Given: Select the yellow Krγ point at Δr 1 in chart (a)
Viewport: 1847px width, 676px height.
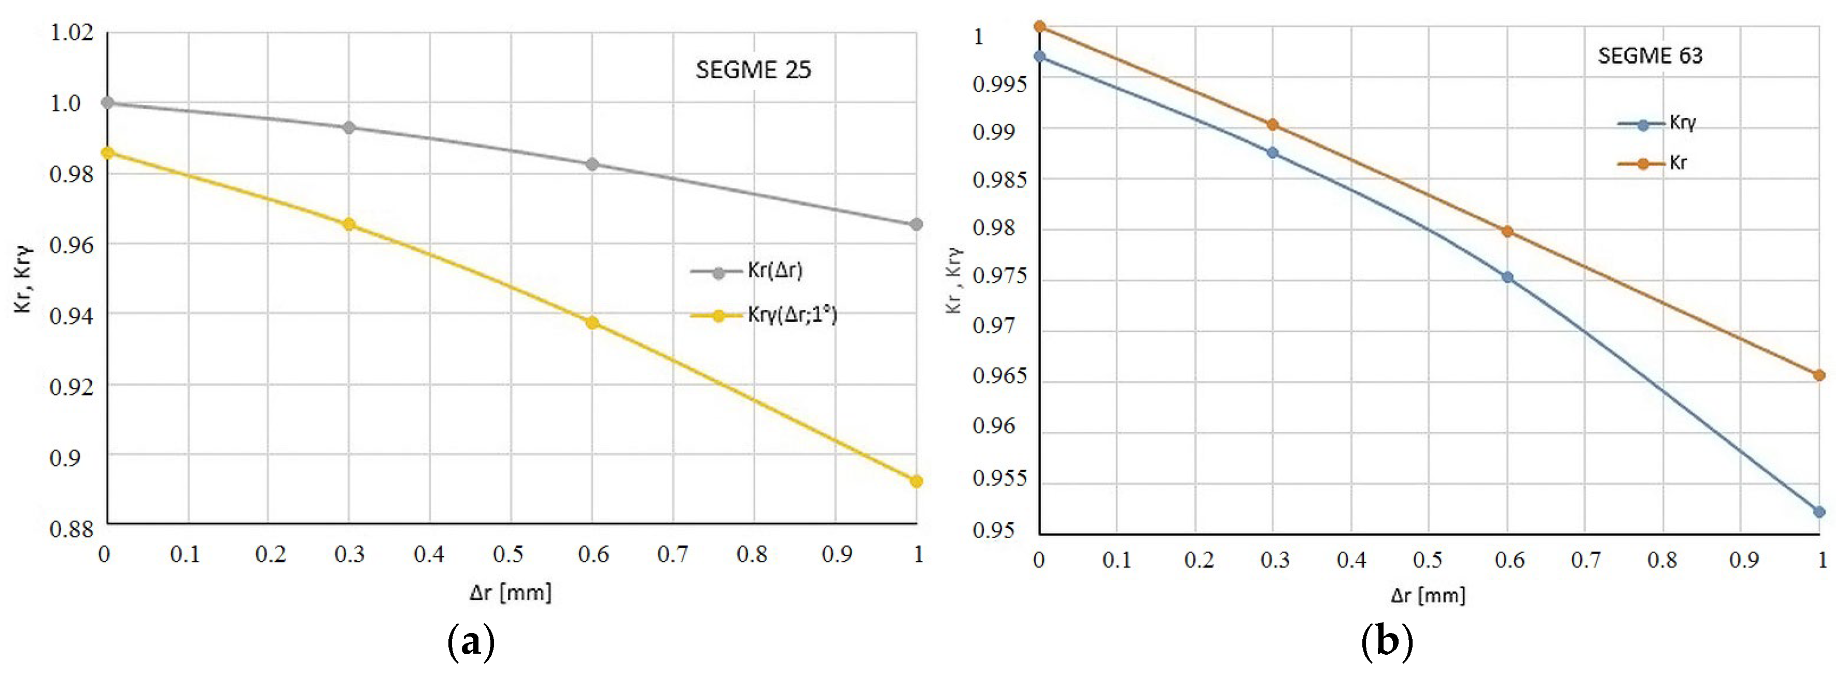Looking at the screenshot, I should pos(915,481).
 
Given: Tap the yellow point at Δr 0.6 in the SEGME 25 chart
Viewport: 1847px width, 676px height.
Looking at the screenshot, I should pos(591,322).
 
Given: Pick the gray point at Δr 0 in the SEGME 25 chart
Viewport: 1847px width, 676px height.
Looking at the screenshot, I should pos(107,103).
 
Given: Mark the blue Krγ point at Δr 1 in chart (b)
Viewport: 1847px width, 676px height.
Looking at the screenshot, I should pos(1818,512).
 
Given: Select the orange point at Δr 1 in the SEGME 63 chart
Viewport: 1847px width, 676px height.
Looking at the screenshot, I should pos(1818,375).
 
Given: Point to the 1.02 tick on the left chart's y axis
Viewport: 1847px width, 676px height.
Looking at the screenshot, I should pos(72,32).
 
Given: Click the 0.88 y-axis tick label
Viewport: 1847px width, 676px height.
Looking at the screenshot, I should pos(72,529).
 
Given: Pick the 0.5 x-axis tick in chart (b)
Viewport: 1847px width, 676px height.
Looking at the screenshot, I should pos(1428,560).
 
